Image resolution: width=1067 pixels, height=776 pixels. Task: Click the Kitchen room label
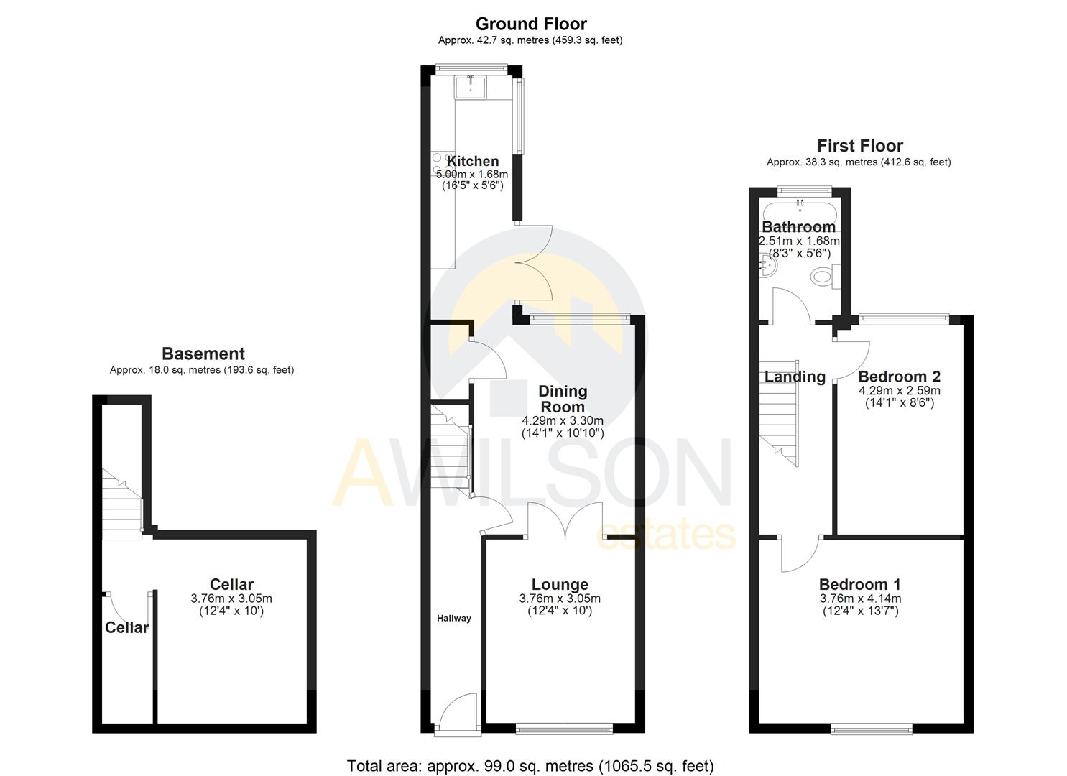473,162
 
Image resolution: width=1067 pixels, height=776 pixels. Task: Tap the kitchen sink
471,87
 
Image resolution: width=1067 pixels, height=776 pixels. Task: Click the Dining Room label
563,399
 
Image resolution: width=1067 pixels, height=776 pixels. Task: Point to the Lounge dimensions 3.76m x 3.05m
560,599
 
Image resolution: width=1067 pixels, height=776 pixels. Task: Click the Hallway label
454,618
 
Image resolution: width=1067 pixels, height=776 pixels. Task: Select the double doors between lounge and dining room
565,520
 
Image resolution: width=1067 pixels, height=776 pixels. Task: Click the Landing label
794,377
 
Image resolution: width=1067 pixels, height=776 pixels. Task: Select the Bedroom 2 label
899,377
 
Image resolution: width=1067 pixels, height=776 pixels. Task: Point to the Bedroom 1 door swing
799,553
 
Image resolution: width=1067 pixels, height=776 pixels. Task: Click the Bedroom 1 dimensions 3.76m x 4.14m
860,599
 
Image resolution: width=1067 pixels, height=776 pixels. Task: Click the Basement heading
203,354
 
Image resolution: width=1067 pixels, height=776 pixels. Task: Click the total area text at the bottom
530,766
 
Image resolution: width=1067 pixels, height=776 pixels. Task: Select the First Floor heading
859,146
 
